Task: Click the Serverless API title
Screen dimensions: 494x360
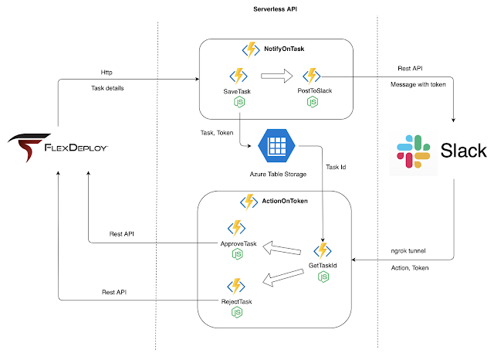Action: [x=275, y=9]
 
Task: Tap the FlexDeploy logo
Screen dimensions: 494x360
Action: [x=58, y=148]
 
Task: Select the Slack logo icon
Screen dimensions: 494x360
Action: [x=414, y=151]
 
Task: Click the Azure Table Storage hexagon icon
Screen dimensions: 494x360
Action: [x=276, y=146]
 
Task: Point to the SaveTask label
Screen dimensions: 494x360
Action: [x=237, y=91]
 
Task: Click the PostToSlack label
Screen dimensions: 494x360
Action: [x=315, y=91]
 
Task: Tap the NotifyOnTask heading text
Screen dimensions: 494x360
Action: [x=284, y=49]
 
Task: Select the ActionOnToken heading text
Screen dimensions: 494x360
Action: [x=285, y=201]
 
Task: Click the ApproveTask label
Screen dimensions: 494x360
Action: [x=239, y=243]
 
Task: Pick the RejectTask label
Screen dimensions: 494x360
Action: [x=237, y=302]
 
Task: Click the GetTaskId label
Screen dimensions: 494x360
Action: [x=323, y=266]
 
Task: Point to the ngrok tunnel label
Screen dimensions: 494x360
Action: [x=408, y=251]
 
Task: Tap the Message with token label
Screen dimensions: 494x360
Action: [x=418, y=84]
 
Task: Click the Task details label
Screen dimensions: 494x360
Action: [x=107, y=88]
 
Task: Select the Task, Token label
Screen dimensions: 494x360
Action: [x=217, y=133]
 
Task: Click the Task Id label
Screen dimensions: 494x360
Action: [x=336, y=167]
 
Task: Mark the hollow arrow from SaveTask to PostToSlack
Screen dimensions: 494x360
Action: [x=277, y=76]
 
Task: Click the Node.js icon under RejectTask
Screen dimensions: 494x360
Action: [x=237, y=312]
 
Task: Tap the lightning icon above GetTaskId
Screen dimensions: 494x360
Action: [x=323, y=251]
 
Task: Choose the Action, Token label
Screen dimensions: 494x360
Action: [x=410, y=268]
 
